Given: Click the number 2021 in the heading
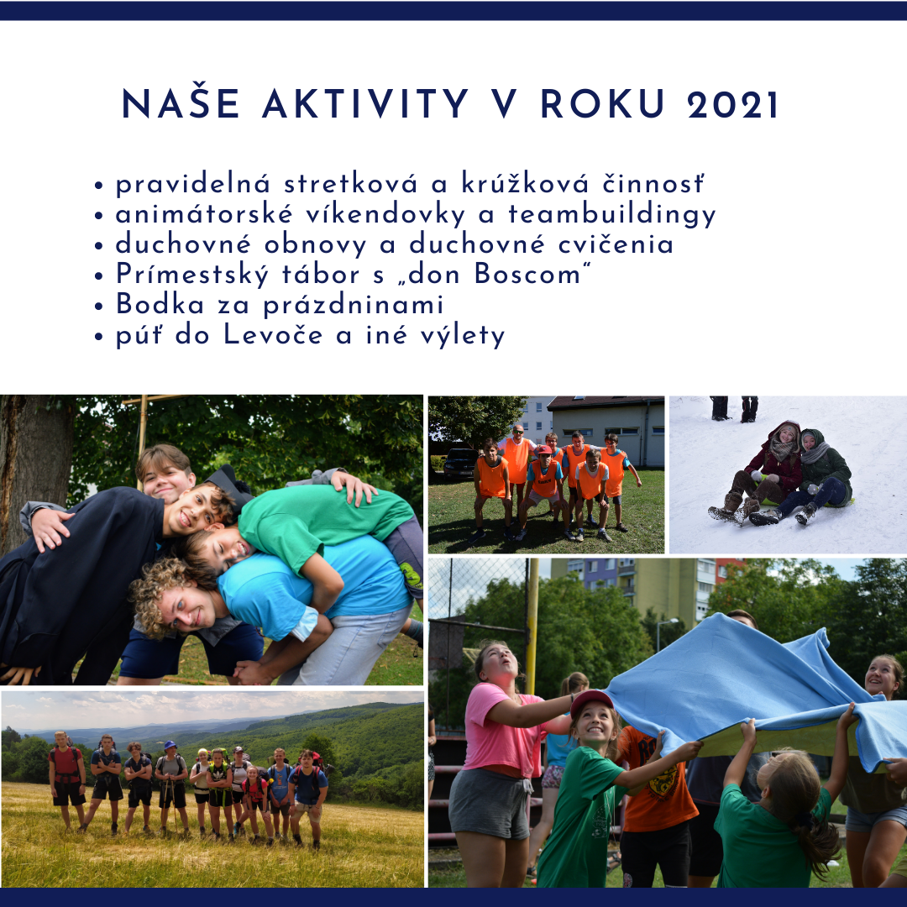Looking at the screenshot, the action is (733, 105).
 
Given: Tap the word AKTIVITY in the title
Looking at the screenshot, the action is (365, 105).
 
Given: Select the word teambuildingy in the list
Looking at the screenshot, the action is (612, 215).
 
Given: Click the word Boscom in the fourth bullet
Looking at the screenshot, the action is (527, 274).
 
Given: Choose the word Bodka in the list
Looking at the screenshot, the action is (160, 304).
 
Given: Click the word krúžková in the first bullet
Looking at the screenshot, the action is (525, 183).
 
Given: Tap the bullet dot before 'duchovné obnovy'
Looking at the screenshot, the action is (99, 245).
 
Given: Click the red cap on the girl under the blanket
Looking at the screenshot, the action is (591, 701).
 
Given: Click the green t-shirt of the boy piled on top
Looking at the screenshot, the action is (324, 521).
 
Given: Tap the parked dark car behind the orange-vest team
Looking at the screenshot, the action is (460, 462).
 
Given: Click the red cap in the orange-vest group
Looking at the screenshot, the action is (543, 448).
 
